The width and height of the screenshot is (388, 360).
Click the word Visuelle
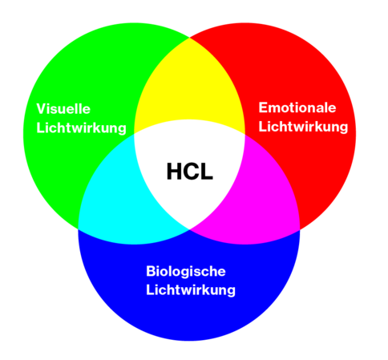click(x=63, y=109)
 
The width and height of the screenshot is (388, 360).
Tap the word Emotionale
click(x=297, y=107)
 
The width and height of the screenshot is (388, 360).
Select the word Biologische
click(x=186, y=271)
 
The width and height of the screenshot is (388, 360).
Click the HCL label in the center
click(x=190, y=172)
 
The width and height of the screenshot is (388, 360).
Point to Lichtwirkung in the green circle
click(x=81, y=128)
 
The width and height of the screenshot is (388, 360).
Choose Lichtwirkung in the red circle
click(x=303, y=127)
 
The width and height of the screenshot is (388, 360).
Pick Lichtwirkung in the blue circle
click(x=191, y=290)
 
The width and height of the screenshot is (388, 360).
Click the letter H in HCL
click(x=175, y=172)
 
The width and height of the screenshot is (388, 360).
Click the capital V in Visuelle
click(x=42, y=109)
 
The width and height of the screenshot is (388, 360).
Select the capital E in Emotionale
click(x=263, y=107)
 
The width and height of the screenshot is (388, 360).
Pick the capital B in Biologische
click(x=152, y=271)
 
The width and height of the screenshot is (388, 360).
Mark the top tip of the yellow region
click(x=189, y=38)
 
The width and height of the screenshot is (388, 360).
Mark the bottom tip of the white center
click(x=189, y=229)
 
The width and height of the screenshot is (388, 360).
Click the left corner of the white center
click(x=134, y=134)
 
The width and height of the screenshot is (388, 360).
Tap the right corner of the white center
click(x=245, y=134)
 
